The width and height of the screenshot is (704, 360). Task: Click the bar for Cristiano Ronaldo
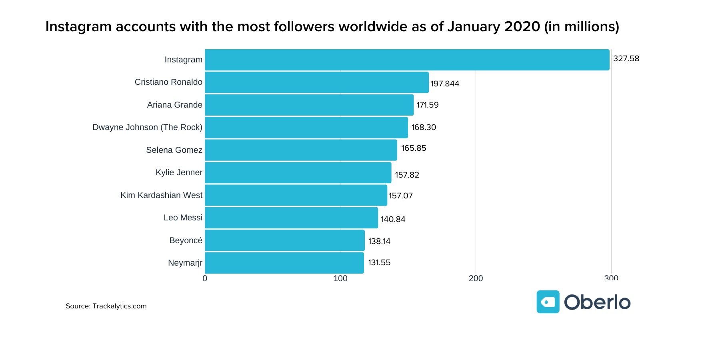316,82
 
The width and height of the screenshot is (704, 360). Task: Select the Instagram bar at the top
407,60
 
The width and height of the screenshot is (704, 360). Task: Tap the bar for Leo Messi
291,218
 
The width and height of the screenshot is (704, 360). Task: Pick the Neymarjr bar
284,263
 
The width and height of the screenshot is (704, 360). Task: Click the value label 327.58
626,59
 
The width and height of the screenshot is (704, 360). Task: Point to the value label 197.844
445,84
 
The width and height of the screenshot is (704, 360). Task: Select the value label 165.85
414,148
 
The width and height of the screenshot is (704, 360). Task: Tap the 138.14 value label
379,241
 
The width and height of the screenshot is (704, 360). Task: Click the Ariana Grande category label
174,105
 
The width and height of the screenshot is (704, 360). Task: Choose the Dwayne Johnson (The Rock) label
147,127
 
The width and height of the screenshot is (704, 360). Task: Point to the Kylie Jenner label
179,172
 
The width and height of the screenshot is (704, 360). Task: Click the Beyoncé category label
186,240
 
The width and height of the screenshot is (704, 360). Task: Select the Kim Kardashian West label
161,195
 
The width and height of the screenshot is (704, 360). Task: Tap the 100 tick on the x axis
340,278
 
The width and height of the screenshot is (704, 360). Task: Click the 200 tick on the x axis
476,278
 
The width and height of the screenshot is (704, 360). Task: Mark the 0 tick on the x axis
205,278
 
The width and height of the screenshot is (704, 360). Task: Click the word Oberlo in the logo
597,302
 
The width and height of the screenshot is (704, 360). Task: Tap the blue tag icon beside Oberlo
548,302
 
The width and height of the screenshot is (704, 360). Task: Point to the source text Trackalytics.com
119,306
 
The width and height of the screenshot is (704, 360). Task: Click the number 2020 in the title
522,27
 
